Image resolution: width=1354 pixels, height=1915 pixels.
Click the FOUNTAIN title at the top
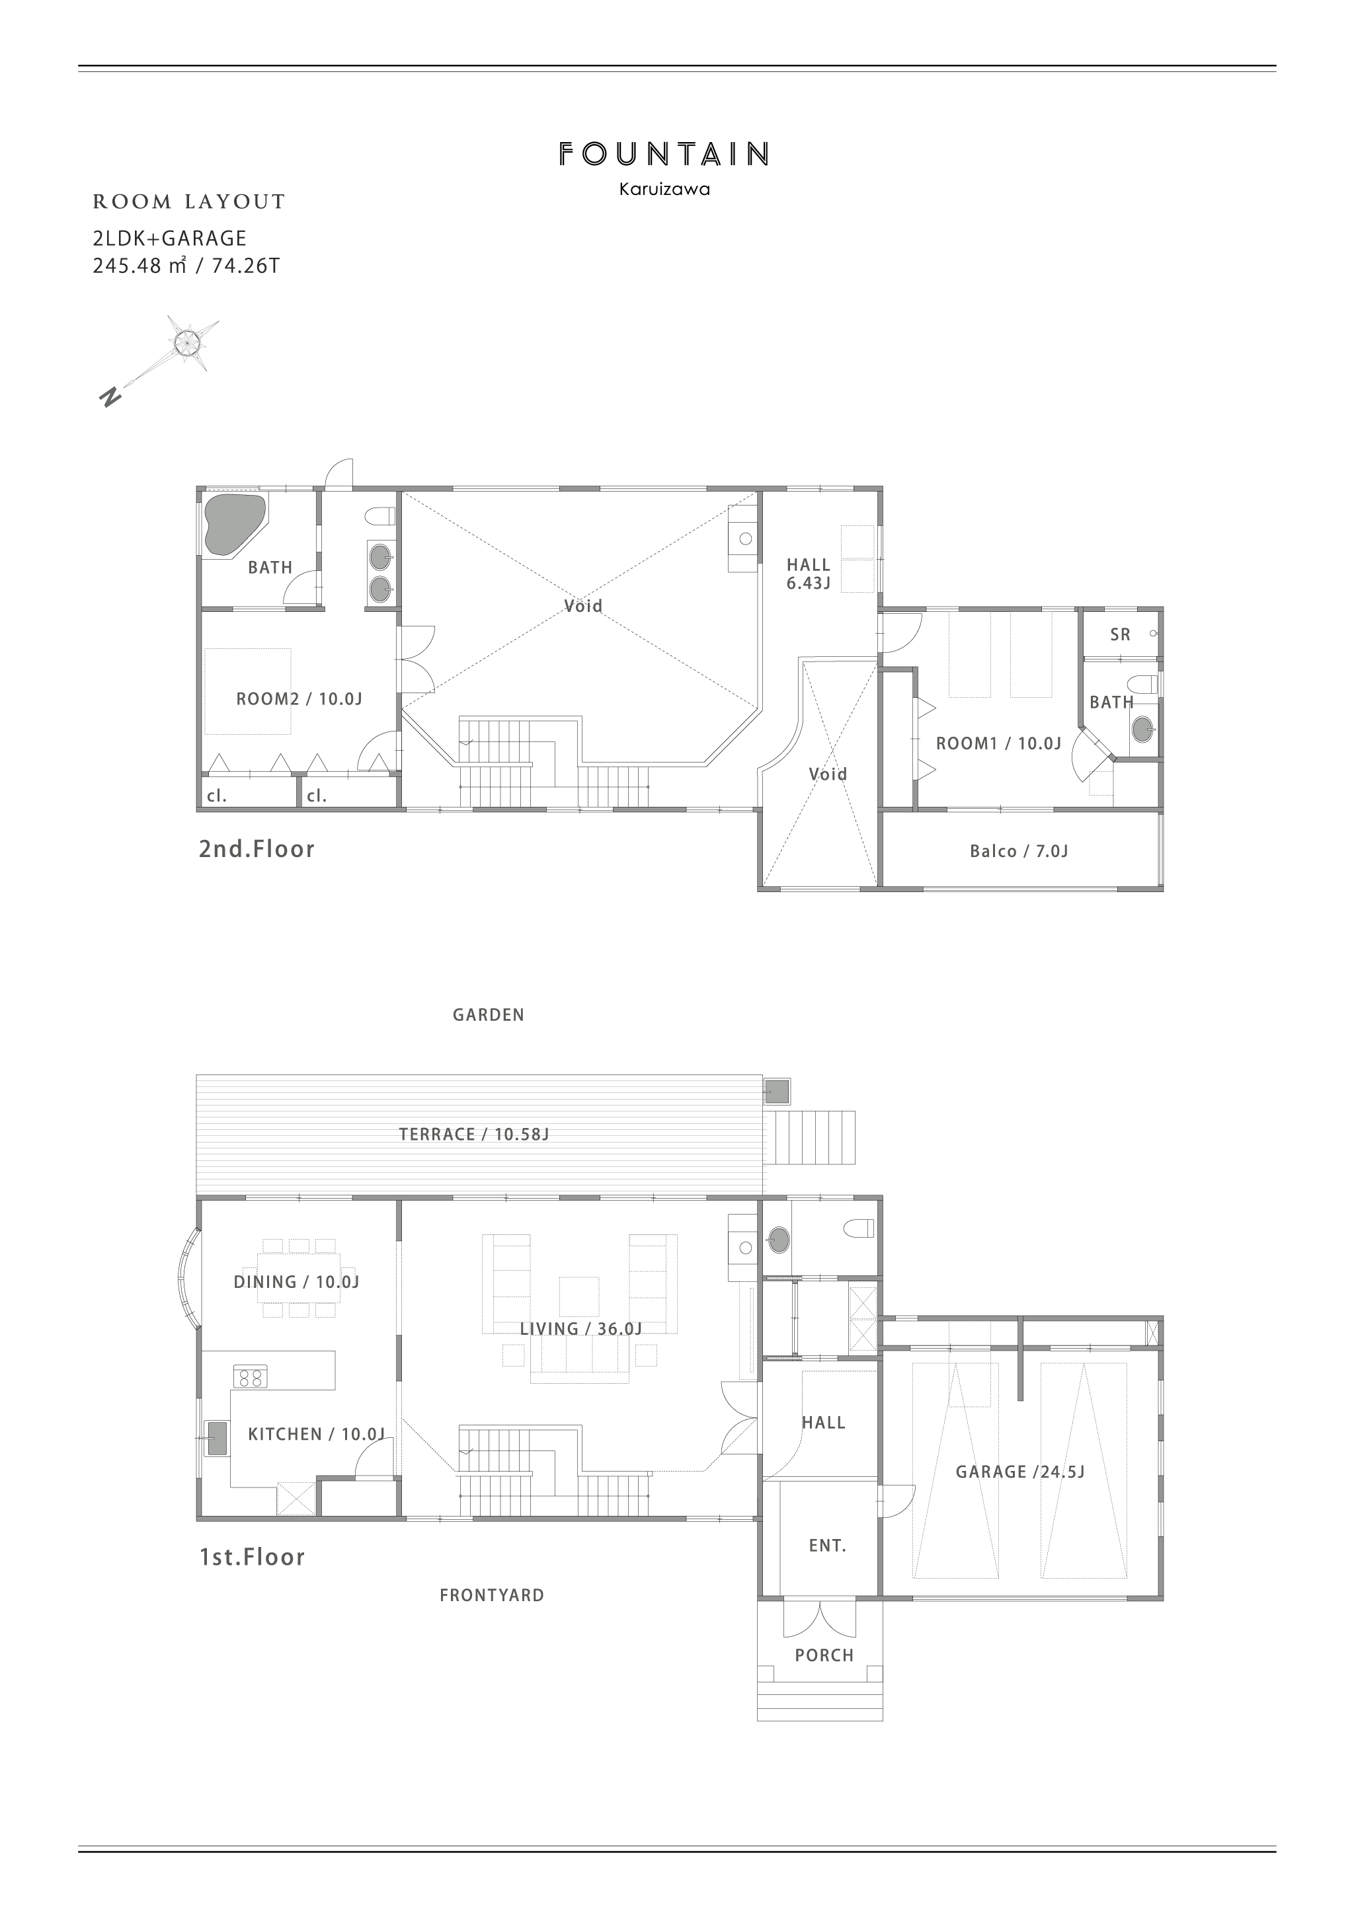tap(663, 155)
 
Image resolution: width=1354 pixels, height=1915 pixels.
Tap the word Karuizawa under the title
tap(664, 190)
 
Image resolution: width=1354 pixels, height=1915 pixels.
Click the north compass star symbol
tap(188, 341)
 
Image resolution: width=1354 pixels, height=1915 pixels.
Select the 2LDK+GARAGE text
tap(169, 239)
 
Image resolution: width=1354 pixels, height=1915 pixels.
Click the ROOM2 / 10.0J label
tap(299, 699)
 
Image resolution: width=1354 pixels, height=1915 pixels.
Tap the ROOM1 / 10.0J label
tap(998, 743)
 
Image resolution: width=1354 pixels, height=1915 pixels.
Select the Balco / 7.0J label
tap(1019, 852)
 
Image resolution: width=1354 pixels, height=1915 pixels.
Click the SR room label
tap(1121, 635)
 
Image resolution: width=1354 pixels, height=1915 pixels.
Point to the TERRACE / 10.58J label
tap(473, 1135)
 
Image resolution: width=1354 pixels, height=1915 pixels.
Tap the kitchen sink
tap(216, 1439)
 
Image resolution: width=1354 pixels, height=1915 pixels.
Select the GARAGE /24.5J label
tap(1019, 1472)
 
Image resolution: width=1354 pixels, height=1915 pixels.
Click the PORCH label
tap(824, 1655)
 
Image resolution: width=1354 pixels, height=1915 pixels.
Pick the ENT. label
tap(828, 1546)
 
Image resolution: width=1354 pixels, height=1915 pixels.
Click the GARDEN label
tap(488, 1015)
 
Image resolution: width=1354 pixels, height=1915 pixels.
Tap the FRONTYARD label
tap(491, 1596)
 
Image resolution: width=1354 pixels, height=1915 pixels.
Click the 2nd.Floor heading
tap(256, 849)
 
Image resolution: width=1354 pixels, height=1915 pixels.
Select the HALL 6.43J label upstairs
tap(809, 574)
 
